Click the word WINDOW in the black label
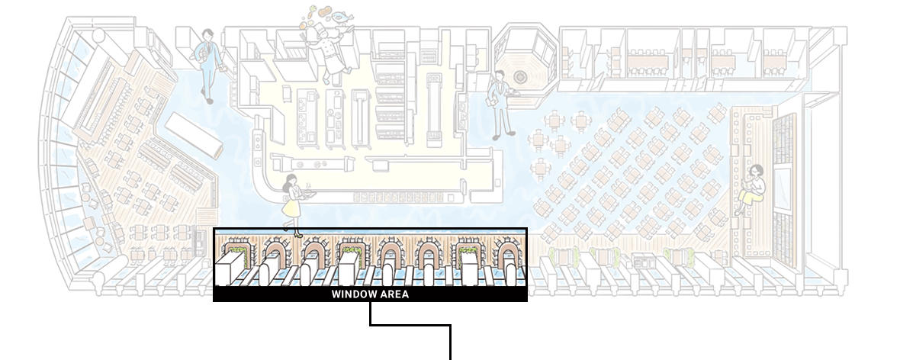coord(352,294)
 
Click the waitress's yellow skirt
coord(293,205)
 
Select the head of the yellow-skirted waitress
coord(291,180)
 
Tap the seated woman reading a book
coord(751,189)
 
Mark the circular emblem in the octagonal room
coord(521,76)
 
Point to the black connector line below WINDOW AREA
coord(410,325)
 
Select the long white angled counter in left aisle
coord(194,134)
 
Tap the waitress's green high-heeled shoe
coord(297,233)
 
